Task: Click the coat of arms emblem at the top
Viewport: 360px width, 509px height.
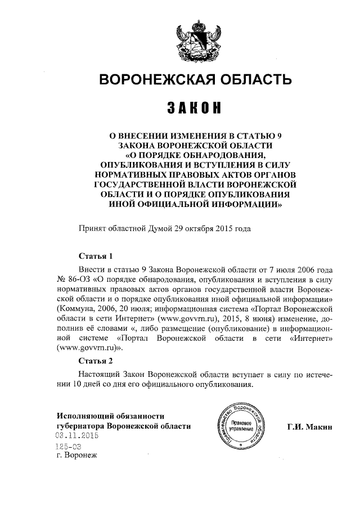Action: point(195,41)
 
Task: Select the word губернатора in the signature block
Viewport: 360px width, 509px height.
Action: point(80,426)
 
